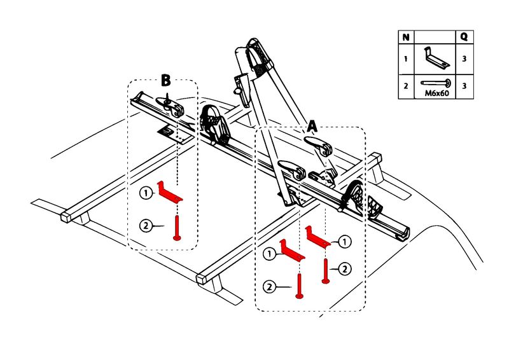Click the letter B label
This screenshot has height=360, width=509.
coord(165,80)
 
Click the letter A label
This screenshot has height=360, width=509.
coord(312,127)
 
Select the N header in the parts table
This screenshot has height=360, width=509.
coord(405,38)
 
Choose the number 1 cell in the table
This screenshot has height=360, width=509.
coord(405,59)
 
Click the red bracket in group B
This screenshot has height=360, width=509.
coord(171,193)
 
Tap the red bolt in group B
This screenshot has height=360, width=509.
coord(176,228)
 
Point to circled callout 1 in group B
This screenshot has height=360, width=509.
coord(145,191)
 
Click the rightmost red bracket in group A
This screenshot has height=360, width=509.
coord(318,236)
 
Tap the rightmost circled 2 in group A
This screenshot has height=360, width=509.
coord(344,269)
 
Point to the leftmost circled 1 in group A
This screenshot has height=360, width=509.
coord(270,253)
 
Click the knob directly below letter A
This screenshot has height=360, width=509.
coord(323,148)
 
